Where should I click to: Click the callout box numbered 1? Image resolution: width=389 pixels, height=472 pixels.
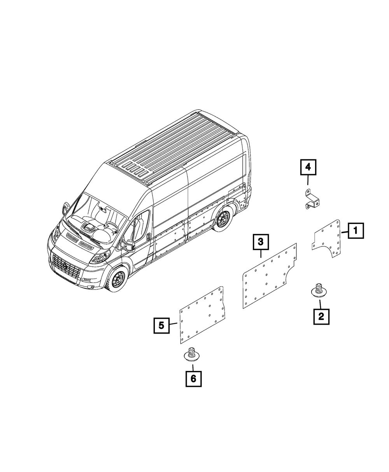coord(356,231)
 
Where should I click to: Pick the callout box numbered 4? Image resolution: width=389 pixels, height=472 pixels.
coord(308,168)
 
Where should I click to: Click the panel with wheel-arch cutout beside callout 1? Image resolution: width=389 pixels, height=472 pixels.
coord(328,239)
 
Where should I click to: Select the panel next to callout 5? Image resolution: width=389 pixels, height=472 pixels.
coord(202,315)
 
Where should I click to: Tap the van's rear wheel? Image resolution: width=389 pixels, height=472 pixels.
coord(223,220)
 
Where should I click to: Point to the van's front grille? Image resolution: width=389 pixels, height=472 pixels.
coord(65,266)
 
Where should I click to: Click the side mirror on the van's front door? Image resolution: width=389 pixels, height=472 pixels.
coord(130,245)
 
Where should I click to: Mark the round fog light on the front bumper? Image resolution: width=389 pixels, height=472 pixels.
coord(93,287)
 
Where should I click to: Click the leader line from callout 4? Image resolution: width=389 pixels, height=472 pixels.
coord(308,181)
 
